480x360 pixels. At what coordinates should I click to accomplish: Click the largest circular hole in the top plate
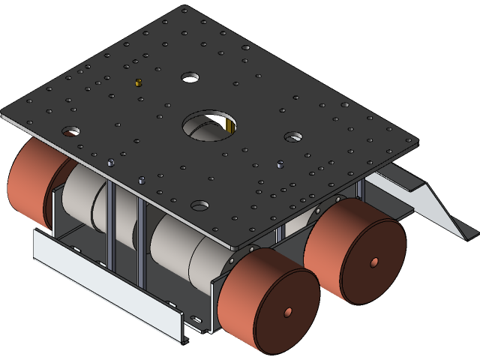pyautogui.click(x=209, y=125)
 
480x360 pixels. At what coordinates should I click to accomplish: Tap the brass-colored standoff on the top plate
pyautogui.click(x=137, y=82)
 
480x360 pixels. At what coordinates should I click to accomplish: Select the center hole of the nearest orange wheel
pyautogui.click(x=288, y=312)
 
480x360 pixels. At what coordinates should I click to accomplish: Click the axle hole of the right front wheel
pyautogui.click(x=374, y=262)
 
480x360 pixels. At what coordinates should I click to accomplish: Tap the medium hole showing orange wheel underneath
pyautogui.click(x=70, y=131)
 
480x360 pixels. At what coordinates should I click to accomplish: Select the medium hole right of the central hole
pyautogui.click(x=293, y=137)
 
